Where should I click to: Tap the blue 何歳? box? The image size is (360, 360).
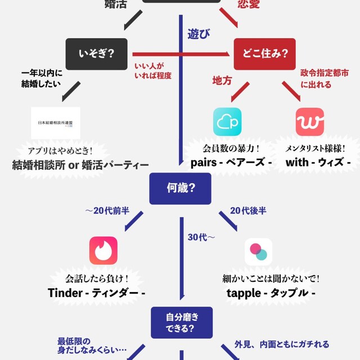[x=180, y=188]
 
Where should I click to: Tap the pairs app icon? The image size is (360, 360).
[x=227, y=121]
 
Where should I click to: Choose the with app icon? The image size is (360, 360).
[x=309, y=121]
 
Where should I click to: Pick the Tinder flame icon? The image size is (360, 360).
[x=103, y=250]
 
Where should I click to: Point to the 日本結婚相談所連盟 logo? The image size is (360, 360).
[x=55, y=123]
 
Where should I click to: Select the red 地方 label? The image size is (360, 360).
[x=222, y=80]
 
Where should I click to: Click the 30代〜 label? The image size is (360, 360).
[x=201, y=237]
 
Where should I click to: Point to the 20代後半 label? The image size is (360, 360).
[x=248, y=211]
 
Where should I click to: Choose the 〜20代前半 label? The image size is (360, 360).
[x=107, y=211]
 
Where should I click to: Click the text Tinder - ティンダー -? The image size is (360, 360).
[x=97, y=293]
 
